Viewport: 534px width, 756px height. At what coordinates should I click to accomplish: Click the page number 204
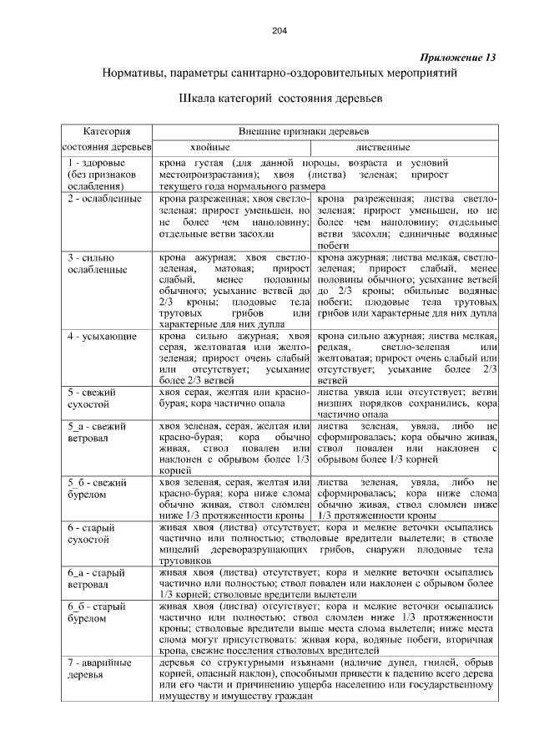[279, 31]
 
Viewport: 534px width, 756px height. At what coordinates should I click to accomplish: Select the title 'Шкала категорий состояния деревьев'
[280, 98]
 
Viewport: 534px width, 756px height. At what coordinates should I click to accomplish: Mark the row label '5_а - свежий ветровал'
[96, 432]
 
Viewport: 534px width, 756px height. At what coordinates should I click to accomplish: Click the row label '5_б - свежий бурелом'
[96, 489]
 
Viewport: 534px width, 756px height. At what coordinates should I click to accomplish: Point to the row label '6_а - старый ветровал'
[96, 579]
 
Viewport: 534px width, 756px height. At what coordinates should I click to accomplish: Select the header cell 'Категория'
[106, 131]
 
